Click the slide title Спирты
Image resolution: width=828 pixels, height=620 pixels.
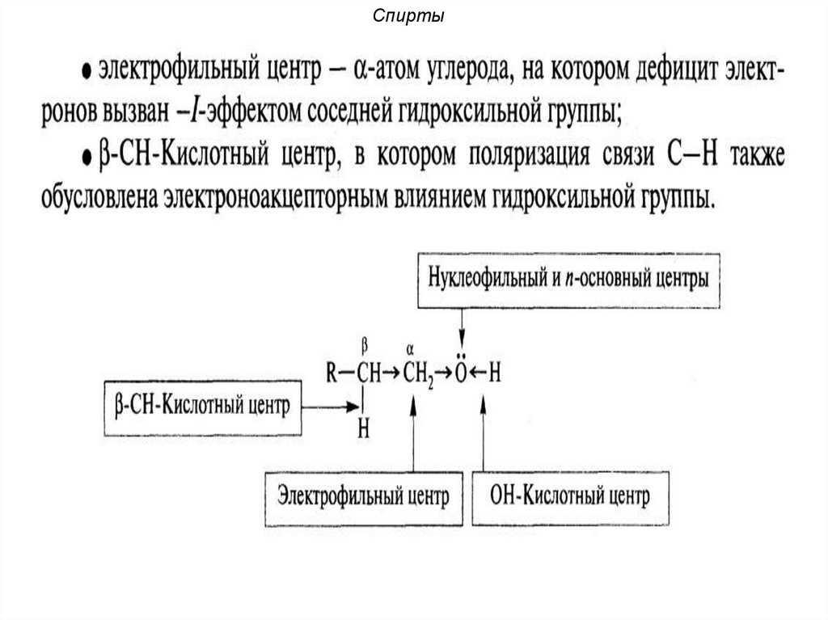[x=413, y=15]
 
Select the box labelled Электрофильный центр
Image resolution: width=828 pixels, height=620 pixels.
[x=363, y=496]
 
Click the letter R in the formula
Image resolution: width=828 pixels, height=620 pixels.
[x=332, y=373]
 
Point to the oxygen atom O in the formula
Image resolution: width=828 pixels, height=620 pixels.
[x=460, y=373]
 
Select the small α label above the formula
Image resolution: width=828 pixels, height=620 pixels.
[x=411, y=348]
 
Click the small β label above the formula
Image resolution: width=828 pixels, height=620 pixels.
[x=365, y=344]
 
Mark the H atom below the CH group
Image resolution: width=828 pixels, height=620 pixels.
[x=364, y=429]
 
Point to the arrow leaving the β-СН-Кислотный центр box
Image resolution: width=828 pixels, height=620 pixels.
[x=327, y=406]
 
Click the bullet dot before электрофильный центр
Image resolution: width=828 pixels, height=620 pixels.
[x=83, y=70]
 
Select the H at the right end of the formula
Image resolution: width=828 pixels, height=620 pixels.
[x=495, y=373]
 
